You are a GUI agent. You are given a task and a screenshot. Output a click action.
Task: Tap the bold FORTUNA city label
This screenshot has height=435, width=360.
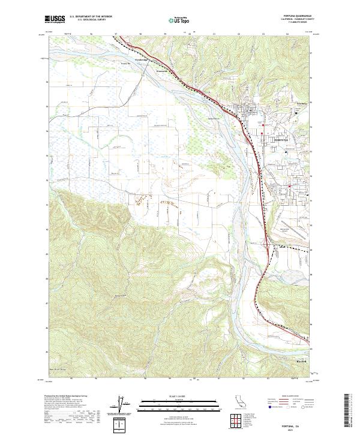281,139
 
